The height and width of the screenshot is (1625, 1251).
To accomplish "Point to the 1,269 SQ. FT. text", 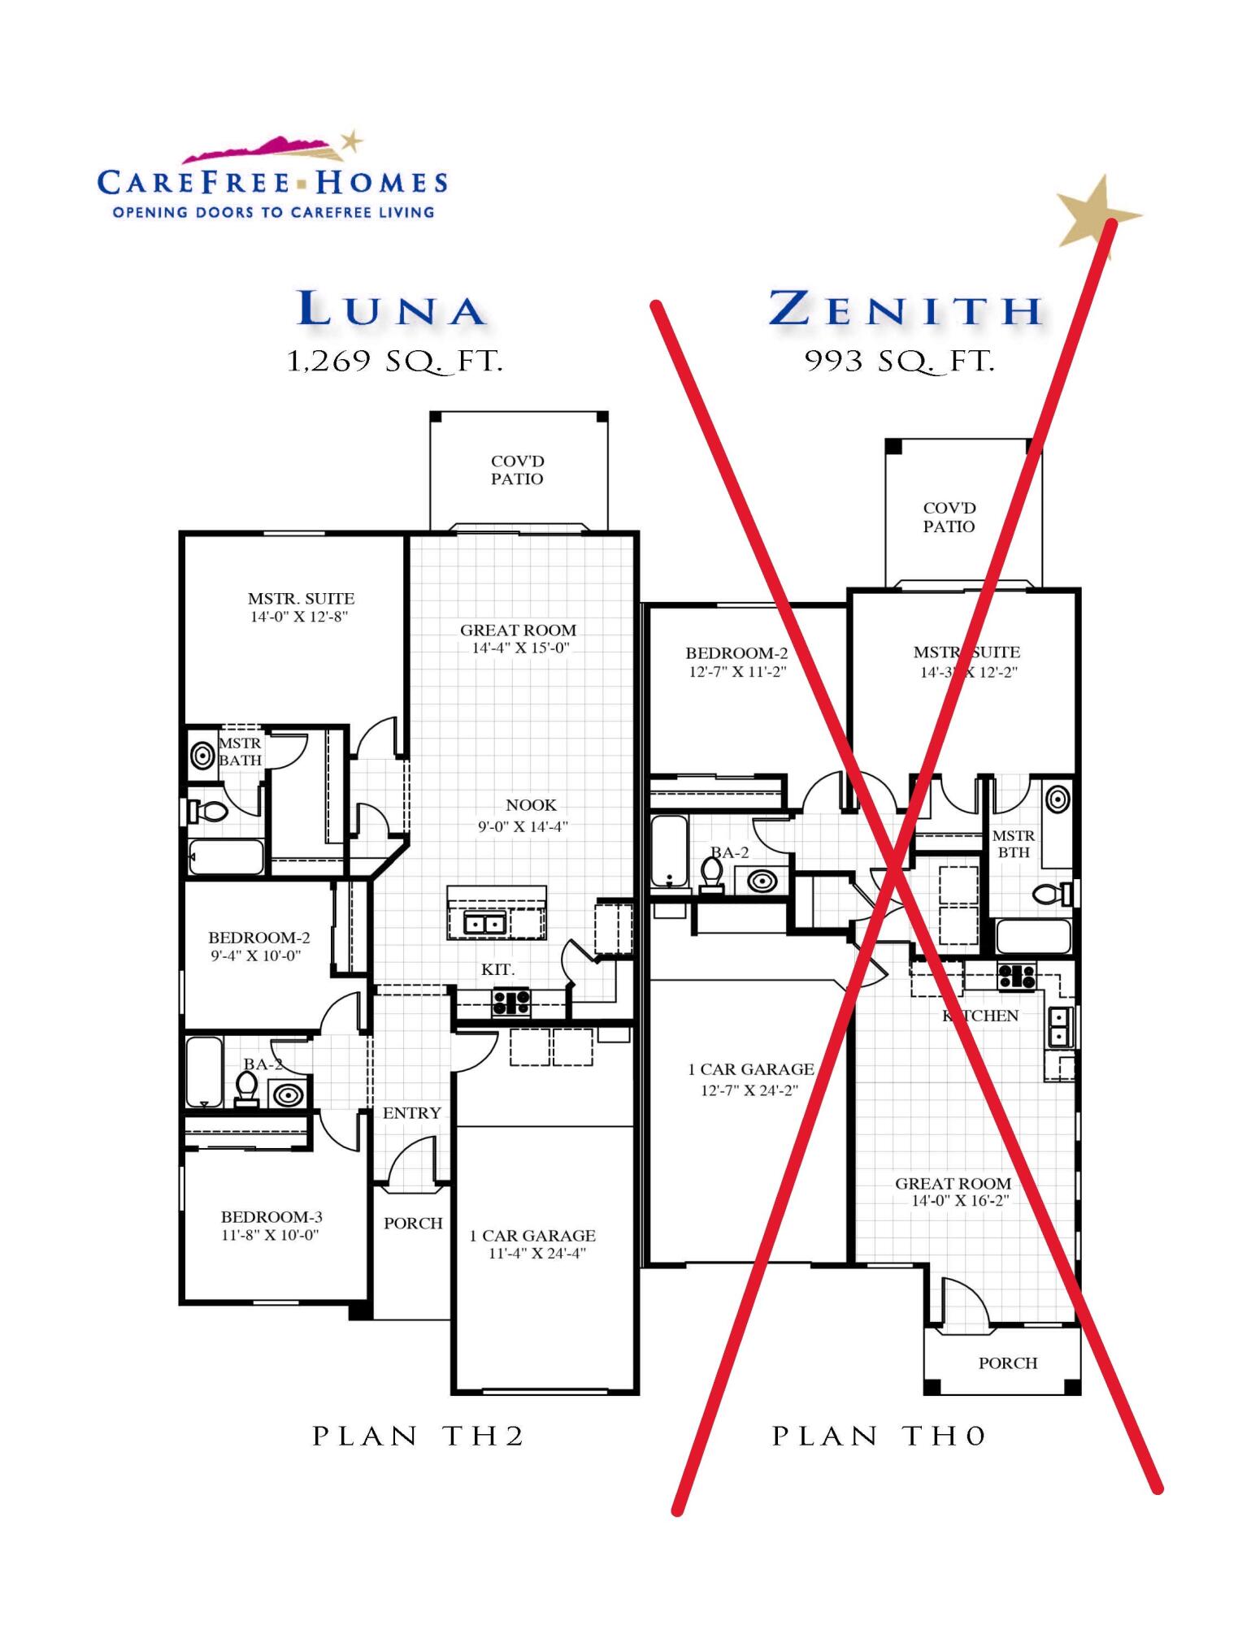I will [395, 362].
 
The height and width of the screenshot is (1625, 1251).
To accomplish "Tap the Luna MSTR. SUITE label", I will [301, 607].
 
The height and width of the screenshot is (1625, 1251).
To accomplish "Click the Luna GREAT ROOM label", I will [519, 639].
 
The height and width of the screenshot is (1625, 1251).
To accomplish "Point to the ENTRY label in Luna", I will [412, 1113].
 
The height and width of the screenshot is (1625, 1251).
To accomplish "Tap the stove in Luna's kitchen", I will [511, 1001].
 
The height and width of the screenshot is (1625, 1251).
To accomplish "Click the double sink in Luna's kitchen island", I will [484, 924].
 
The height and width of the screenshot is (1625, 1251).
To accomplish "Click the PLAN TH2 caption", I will [419, 1437].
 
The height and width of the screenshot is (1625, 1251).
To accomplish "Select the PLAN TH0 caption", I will [879, 1437].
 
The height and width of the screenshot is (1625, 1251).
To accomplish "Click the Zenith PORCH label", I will [1008, 1363].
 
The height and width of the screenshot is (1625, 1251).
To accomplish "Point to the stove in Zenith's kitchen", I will [1017, 976].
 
